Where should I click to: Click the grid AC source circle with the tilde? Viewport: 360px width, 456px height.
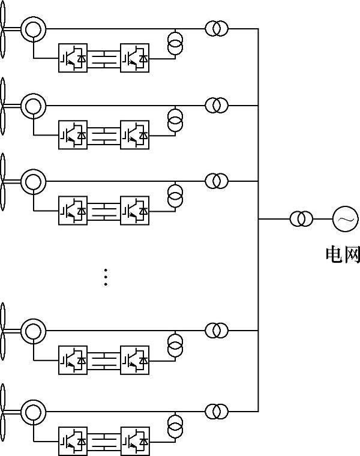345,219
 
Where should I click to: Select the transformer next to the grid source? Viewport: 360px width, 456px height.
301,219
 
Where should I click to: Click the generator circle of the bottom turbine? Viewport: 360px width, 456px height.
32,412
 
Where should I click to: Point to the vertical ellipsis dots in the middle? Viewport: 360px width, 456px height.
106,277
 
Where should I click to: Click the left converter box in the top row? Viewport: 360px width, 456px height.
73,58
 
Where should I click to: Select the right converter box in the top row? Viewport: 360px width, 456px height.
135,58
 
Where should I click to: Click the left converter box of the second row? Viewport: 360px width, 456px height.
73,136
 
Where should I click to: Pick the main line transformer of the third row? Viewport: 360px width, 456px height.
217,181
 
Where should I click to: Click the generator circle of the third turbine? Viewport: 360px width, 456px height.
32,181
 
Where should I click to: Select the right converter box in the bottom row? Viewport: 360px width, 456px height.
135,441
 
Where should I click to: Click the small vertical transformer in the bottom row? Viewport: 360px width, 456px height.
175,427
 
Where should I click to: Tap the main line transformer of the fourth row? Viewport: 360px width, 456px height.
217,330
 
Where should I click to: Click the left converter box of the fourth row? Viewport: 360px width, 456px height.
73,359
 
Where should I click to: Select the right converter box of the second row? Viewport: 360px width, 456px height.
135,136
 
